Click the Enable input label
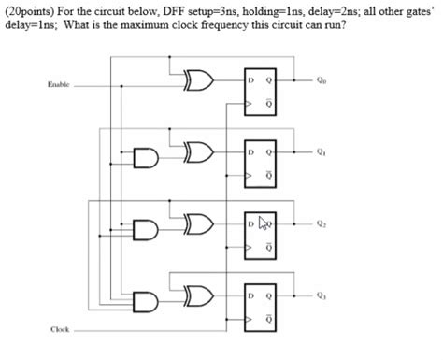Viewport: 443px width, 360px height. [59, 85]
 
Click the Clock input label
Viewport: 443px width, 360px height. [60, 329]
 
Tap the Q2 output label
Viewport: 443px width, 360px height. [322, 224]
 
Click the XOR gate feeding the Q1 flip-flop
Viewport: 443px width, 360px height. [199, 151]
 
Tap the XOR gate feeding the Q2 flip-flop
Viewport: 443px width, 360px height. [199, 224]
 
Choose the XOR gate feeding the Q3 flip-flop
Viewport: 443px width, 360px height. [199, 297]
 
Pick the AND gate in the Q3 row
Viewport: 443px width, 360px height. [148, 301]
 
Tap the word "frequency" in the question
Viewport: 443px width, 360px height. [236, 25]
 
